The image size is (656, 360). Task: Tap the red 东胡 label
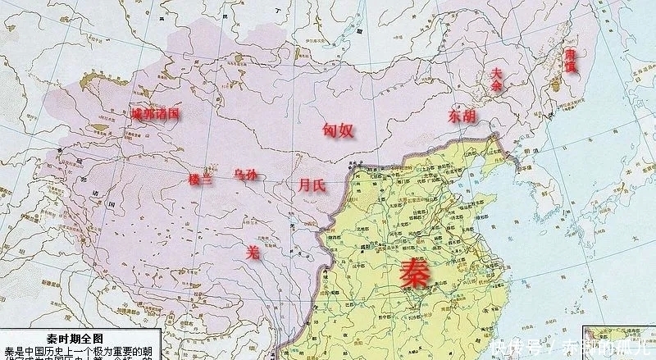pos(461,116)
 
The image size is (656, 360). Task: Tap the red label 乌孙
pos(245,174)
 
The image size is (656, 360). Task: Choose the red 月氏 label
pos(312,185)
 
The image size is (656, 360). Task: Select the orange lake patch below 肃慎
pos(565,83)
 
